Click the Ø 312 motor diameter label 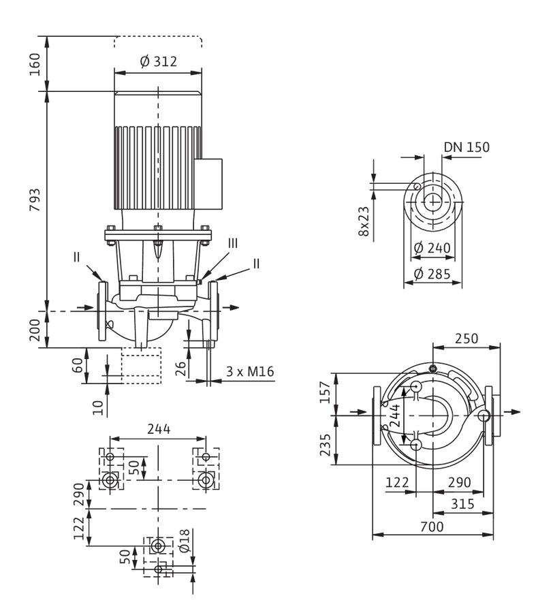point(158,61)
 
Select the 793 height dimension point(35,200)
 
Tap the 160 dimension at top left point(35,65)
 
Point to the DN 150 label point(467,147)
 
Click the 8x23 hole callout point(364,221)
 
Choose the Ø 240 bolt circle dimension point(432,247)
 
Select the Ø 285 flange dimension point(432,274)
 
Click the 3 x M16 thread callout point(250,371)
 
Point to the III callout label point(232,243)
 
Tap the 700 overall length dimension point(432,526)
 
